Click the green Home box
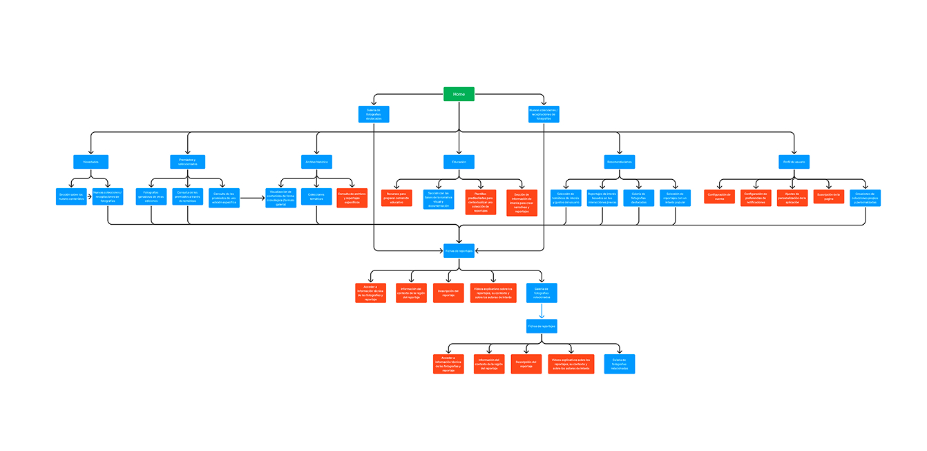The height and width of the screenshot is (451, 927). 459,93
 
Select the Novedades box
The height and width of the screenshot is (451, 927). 91,162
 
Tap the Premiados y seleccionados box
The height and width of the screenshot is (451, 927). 187,162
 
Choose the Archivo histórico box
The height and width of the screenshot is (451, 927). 317,162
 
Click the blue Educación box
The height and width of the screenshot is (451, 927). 459,162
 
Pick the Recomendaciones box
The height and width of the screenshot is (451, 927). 620,162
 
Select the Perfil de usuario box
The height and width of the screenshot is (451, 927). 794,162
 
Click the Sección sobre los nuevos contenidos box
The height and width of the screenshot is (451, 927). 70,197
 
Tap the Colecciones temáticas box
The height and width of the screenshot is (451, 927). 316,196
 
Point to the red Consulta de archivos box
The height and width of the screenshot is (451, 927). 352,199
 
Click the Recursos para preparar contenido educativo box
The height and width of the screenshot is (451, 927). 396,198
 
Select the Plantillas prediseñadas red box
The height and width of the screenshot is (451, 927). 481,202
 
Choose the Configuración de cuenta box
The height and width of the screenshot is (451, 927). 719,196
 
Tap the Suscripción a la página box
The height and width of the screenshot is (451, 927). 828,196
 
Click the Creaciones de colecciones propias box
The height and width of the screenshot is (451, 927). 865,198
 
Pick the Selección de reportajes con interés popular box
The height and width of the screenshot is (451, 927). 675,198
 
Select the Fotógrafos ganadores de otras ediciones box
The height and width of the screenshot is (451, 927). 151,197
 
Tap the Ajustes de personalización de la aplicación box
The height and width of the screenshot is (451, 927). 792,198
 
